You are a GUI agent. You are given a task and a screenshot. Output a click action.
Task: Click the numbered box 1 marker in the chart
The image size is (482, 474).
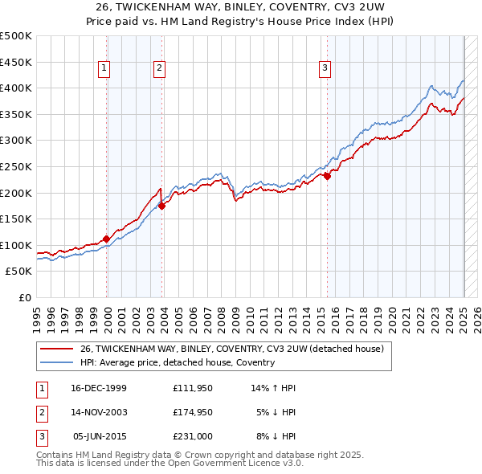pos(105,69)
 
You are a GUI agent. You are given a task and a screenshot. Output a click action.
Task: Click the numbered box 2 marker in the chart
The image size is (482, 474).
pos(160,69)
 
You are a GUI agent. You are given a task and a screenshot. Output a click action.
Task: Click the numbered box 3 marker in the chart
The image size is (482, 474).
pos(325,69)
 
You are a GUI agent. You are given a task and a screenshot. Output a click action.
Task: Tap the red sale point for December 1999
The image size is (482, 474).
pos(107,239)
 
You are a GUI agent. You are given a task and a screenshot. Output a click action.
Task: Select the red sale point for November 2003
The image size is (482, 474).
pos(162,206)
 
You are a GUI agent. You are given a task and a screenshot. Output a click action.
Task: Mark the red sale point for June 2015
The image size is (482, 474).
pos(327,177)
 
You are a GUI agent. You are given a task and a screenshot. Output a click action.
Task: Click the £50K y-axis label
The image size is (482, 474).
pos(19,272)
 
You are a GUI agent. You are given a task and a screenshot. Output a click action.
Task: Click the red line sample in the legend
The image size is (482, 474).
pos(56,349)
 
